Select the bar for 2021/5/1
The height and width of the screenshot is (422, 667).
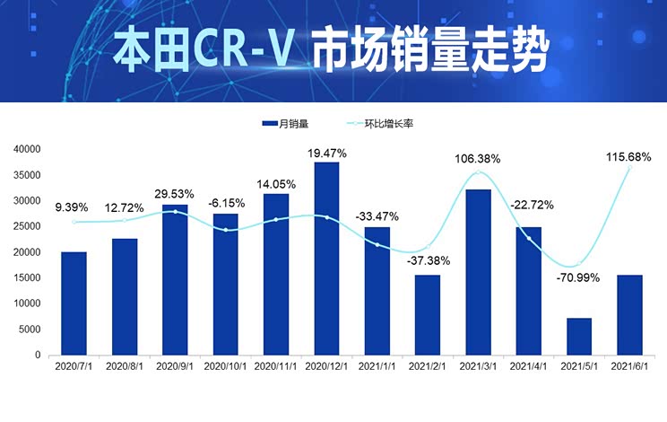(579, 337)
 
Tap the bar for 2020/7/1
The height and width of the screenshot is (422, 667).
(74, 303)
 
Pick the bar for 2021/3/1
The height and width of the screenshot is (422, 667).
(478, 272)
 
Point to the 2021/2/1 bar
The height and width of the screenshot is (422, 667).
(428, 315)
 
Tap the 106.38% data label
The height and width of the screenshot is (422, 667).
(477, 159)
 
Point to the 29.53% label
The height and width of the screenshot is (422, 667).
(176, 193)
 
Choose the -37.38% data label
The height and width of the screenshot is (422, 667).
(428, 261)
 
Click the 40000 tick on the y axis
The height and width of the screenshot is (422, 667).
(28, 149)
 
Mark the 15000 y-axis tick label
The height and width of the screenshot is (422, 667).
(28, 278)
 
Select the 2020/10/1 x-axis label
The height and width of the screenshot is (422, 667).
(225, 366)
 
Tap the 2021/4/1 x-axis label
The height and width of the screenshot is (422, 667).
(528, 366)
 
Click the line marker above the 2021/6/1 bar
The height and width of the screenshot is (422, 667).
(630, 167)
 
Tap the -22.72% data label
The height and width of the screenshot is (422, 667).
(531, 205)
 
